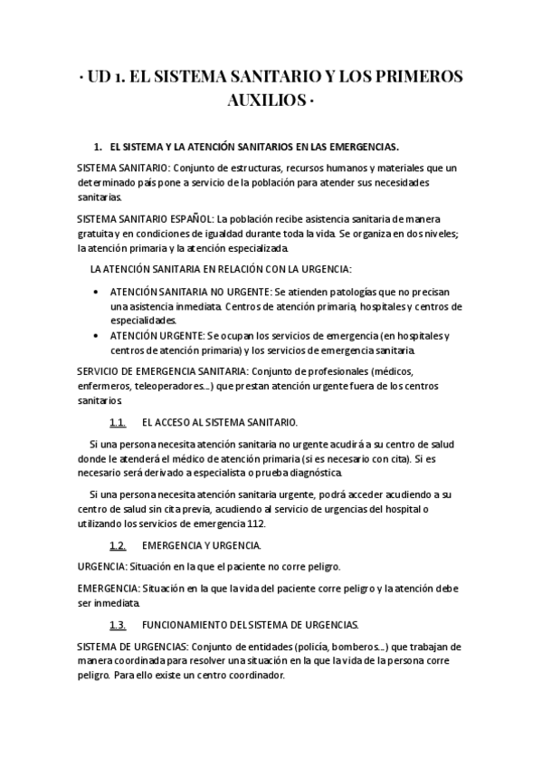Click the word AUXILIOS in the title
[264, 100]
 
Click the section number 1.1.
[117, 423]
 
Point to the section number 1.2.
[117, 546]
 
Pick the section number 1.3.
[117, 626]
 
